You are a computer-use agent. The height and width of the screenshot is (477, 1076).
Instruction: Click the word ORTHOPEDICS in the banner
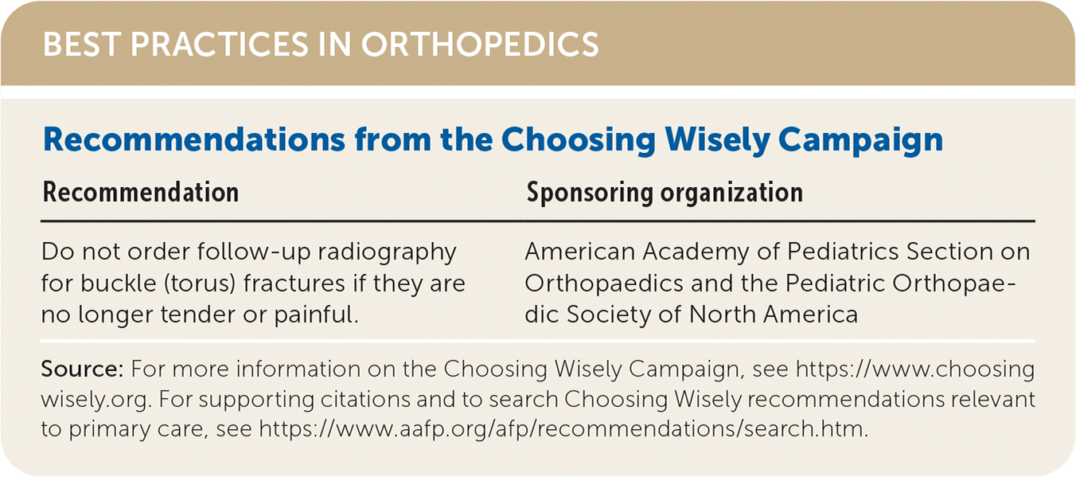coord(480,45)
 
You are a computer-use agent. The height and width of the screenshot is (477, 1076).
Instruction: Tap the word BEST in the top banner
coord(82,45)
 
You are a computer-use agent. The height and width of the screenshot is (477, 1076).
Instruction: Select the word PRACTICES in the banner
coord(220,45)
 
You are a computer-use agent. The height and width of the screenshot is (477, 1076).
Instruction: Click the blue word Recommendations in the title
coord(194,139)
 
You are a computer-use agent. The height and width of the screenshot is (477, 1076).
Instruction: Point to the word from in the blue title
coord(392,139)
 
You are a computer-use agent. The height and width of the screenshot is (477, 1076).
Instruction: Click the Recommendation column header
coord(141,193)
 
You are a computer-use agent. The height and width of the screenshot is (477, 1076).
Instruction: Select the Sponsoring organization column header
coord(665,194)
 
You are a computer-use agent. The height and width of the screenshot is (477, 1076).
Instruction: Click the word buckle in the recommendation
coord(119,283)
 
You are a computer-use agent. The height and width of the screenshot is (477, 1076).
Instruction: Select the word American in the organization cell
coord(580,252)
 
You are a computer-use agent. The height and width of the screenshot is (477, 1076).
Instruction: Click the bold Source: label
coord(82,369)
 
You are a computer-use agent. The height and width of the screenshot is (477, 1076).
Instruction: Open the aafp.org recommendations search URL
coord(563,429)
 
